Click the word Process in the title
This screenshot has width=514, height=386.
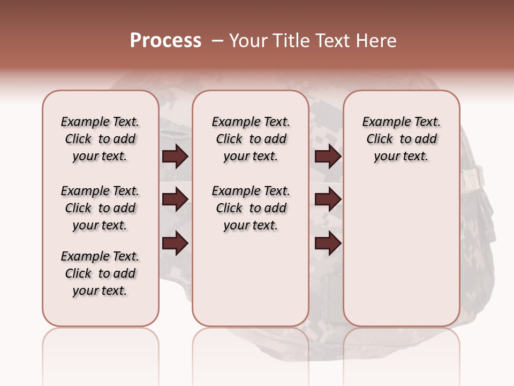(165, 41)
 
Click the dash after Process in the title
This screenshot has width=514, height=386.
(216, 41)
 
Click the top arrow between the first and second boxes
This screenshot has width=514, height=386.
(175, 157)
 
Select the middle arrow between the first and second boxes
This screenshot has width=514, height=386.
(175, 200)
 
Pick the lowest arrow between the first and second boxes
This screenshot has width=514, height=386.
(175, 243)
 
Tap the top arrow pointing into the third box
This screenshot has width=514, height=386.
(328, 157)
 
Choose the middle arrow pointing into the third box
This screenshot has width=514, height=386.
(328, 200)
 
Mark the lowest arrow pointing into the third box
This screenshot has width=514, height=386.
(328, 243)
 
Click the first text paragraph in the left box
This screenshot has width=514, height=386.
(100, 139)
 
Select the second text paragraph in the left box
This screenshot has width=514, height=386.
(100, 208)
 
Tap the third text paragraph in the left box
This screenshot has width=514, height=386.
(100, 273)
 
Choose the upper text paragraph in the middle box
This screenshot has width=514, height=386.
(251, 139)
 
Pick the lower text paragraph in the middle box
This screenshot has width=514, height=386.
(251, 208)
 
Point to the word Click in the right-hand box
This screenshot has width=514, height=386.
(380, 139)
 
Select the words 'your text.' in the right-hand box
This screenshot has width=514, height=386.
(401, 157)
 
